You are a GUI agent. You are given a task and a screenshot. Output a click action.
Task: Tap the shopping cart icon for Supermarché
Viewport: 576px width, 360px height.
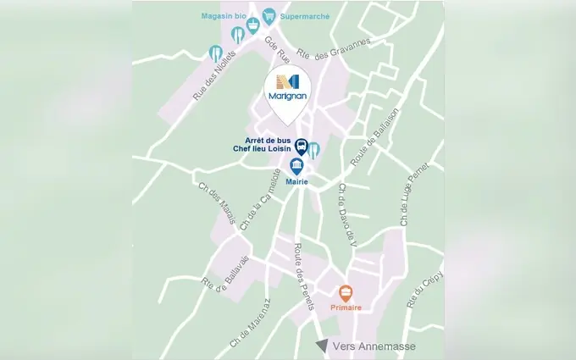click(269, 16)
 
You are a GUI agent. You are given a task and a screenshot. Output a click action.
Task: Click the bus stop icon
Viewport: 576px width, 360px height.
click(301, 147)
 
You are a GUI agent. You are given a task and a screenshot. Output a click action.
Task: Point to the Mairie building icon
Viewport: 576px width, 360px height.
click(296, 165)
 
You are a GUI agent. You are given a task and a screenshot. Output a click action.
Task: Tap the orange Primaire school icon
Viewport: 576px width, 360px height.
click(345, 293)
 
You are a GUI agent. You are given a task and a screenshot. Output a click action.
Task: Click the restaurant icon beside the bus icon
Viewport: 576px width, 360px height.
click(314, 149)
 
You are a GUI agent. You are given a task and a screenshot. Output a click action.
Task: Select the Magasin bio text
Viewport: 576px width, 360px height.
click(222, 15)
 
